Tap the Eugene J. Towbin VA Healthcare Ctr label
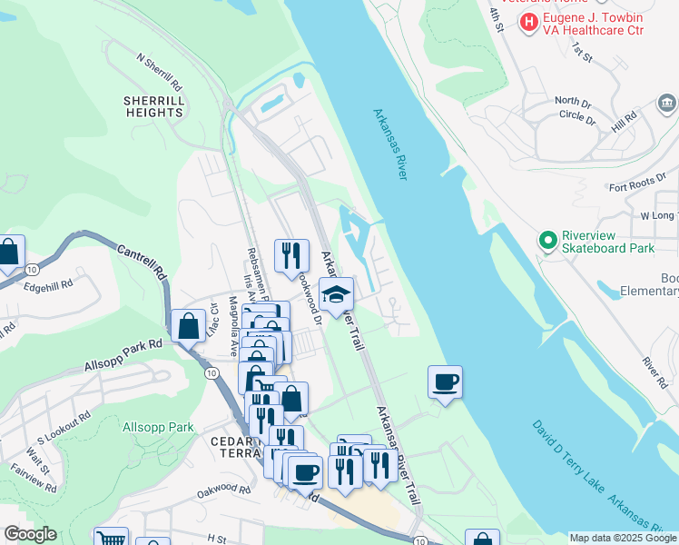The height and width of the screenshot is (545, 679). (594, 23)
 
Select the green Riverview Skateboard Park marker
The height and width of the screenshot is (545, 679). (547, 241)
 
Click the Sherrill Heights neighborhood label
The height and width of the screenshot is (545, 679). (155, 106)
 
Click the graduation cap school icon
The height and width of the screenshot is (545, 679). (336, 294)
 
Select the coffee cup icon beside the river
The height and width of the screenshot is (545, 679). (445, 381)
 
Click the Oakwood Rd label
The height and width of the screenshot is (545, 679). (224, 490)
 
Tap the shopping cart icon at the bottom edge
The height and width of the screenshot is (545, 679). (110, 538)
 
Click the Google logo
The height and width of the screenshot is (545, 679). (30, 534)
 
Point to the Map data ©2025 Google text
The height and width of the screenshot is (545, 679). (622, 538)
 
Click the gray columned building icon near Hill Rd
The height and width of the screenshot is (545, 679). (667, 101)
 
